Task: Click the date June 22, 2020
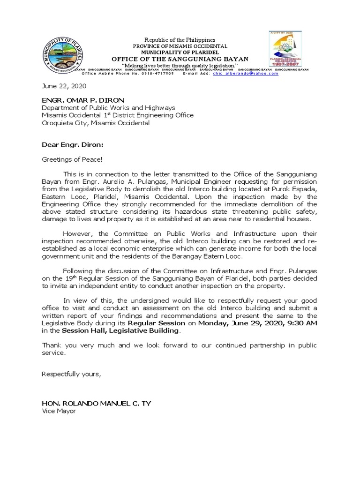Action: coord(64,86)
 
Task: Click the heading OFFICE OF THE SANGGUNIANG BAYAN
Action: coord(180,59)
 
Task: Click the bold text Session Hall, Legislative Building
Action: coord(120,330)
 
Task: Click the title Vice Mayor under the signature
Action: coord(59,411)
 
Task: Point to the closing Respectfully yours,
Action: coord(71,374)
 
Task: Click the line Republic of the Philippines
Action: coord(180,40)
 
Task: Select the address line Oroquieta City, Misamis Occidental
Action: coord(96,123)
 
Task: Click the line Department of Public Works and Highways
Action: coord(108,107)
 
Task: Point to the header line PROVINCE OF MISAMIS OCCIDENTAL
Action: coord(180,46)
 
